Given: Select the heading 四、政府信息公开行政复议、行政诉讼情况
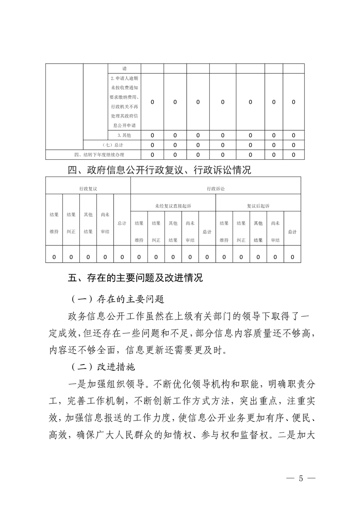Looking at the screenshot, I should coord(159,171).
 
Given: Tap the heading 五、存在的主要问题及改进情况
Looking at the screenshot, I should coord(135,279).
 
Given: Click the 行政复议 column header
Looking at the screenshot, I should coord(88,188).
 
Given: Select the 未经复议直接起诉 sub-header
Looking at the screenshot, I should coord(173,206).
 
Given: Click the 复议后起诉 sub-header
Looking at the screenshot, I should coord(258,206).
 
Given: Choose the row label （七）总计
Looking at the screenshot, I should coord(113,145).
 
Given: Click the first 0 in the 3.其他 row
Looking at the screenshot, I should coord(152,135).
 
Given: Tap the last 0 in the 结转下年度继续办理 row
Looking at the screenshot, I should coord(294,155).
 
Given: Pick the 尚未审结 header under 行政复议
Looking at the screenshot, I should coord(105,223).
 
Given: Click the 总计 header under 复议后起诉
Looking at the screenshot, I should coord(292,231).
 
